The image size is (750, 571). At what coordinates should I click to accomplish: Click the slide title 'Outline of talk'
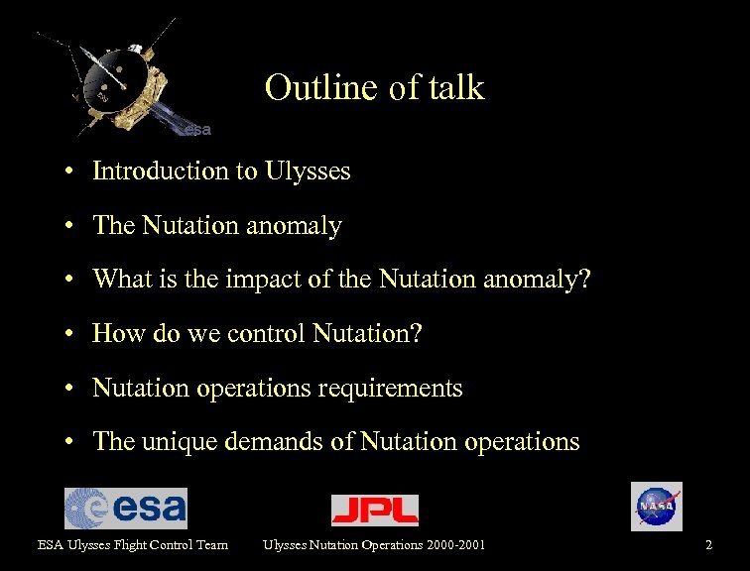tap(374, 88)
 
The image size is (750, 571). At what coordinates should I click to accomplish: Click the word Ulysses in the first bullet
tap(308, 171)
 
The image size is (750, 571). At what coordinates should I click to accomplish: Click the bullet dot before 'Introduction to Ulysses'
tap(73, 172)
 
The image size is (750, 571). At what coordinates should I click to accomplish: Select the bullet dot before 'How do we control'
tap(73, 335)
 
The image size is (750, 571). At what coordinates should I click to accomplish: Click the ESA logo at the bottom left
tap(125, 509)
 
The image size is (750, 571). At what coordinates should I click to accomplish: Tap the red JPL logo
tap(374, 510)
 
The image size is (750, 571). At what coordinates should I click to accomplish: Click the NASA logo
tap(656, 507)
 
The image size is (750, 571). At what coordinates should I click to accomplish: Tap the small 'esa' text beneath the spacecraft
tap(196, 129)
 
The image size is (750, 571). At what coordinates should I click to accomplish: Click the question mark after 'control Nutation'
tap(417, 334)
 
